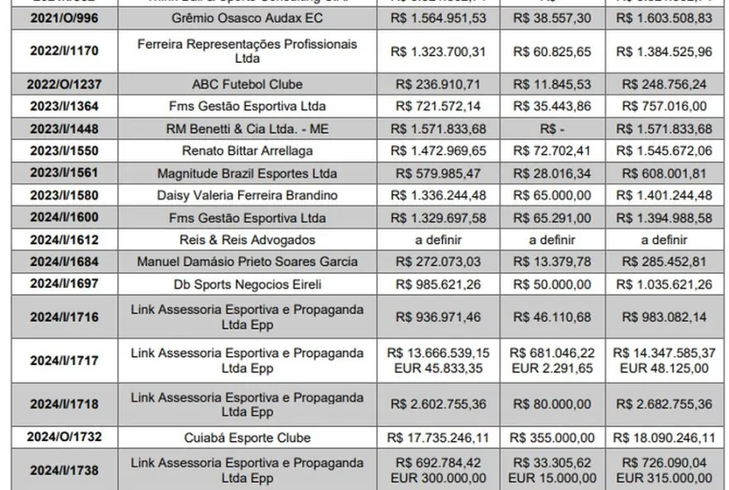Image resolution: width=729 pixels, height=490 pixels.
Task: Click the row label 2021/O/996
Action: pos(64,17)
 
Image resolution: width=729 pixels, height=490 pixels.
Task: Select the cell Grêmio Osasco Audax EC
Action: pos(247,17)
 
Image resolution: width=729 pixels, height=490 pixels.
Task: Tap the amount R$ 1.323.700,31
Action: pos(438,50)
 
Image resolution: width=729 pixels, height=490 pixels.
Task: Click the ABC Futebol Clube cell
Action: pos(247,84)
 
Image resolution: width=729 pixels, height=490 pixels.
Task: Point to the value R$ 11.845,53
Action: pos(553,84)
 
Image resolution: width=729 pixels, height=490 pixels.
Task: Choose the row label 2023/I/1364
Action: pos(64,106)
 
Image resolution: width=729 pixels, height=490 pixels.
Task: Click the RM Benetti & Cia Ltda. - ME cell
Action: pos(247,128)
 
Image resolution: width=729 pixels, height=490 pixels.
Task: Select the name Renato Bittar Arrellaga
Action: pos(247,151)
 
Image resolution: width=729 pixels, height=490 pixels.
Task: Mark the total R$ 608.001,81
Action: pos(665,173)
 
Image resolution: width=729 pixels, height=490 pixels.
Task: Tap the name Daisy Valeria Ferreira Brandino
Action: pos(247,195)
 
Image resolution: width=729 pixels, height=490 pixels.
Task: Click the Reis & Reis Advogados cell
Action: pos(247,240)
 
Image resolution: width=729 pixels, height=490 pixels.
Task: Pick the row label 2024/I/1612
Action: pos(64,240)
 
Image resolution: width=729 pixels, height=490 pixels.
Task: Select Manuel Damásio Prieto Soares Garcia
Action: pos(247,262)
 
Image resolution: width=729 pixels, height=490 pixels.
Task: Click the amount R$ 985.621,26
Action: pos(438,284)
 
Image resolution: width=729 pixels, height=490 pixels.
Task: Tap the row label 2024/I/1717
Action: pos(64,360)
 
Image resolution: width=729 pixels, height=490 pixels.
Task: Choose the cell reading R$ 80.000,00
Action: pos(553,404)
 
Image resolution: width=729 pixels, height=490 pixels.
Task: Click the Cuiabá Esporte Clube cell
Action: pos(247,437)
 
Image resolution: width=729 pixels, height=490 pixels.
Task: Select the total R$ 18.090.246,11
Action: pos(665,437)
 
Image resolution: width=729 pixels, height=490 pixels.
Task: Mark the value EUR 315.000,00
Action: pos(665,478)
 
